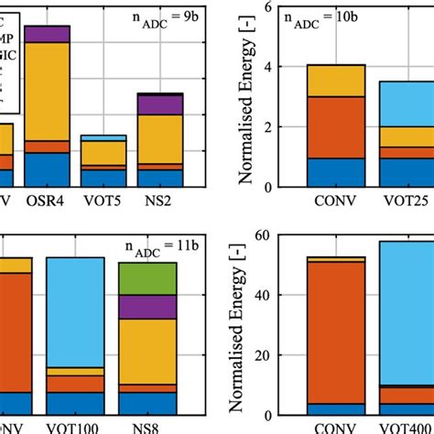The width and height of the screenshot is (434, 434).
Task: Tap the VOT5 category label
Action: [x=103, y=200]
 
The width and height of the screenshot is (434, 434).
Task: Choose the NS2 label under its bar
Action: [x=160, y=200]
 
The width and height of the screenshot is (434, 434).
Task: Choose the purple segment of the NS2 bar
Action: [x=160, y=104]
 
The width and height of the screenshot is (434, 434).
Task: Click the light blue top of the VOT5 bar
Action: [x=103, y=137]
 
